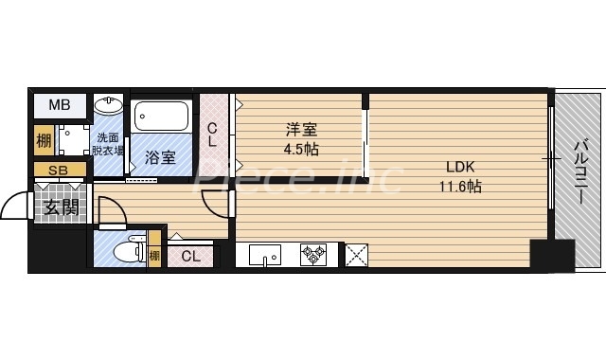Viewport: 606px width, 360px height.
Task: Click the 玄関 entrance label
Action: click(58, 207)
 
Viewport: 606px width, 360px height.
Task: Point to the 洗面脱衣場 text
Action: click(109, 143)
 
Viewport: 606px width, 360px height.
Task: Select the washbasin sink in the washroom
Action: click(109, 103)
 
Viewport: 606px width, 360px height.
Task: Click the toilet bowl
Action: click(123, 254)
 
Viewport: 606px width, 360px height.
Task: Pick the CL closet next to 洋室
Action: click(213, 135)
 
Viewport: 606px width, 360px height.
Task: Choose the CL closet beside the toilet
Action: click(190, 255)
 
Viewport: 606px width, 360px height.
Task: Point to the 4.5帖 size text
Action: click(301, 149)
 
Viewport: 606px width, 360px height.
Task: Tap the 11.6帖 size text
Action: click(460, 187)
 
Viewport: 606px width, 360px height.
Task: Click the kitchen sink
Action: click(264, 255)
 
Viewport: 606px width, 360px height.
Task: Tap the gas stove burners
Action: click(313, 255)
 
